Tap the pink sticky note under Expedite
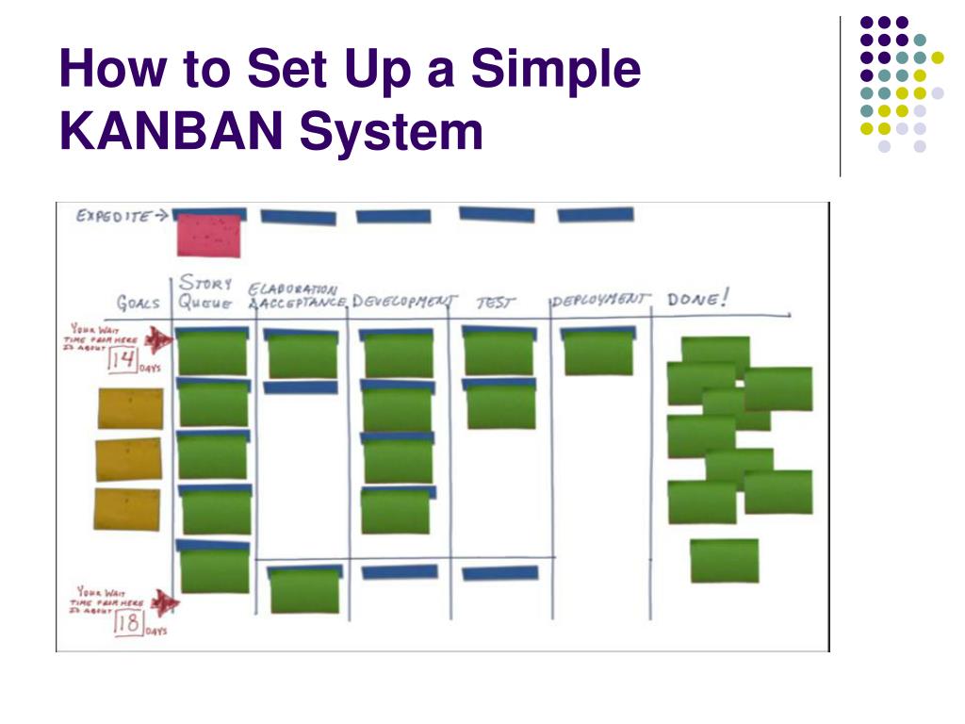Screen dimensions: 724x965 [x=208, y=236]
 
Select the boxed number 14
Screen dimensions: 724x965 [x=123, y=359]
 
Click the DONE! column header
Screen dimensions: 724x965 [x=697, y=300]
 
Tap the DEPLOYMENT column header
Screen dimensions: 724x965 [x=600, y=300]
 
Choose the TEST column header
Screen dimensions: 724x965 [x=496, y=302]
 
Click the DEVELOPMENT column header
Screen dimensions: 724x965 [x=403, y=301]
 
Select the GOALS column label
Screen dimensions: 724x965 [x=138, y=304]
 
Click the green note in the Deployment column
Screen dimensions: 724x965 [x=598, y=354]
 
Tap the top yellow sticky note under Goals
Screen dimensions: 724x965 [x=130, y=408]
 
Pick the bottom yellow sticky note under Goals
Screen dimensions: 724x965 [x=127, y=508]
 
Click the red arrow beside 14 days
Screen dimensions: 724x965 [x=159, y=339]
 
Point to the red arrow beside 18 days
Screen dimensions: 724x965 [x=167, y=602]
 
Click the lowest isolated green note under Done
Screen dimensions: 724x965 [x=724, y=560]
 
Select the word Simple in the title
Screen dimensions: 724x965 [x=556, y=71]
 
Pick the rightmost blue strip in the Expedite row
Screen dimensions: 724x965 [x=595, y=215]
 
